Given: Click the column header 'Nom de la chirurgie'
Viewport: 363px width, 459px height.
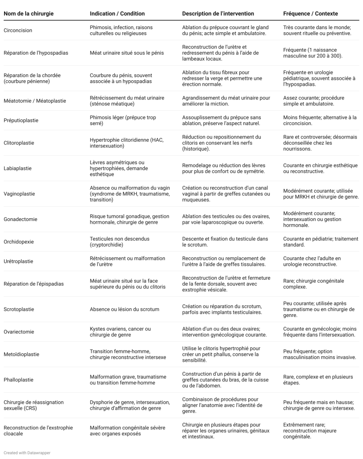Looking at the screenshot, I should pos(28,13).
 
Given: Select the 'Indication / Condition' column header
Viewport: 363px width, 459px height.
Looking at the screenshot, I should pos(117,13).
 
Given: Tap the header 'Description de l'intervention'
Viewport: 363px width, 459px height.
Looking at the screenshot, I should pos(218,13).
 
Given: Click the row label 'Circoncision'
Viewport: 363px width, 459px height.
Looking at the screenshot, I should pos(18,30).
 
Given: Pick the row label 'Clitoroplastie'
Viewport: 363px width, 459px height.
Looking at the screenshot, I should pos(19,143).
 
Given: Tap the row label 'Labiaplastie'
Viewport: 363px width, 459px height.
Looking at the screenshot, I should pos(18,169).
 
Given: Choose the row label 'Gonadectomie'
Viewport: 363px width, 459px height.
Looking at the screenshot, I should pos(21,219).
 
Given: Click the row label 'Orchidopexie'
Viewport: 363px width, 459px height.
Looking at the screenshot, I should pos(18,242).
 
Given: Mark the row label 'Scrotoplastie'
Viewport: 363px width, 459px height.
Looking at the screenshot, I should pos(19,309).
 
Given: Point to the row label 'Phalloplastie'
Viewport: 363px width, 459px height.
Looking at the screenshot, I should pos(19,380).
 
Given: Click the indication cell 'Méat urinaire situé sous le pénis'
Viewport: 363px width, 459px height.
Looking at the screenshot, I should pos(127,53).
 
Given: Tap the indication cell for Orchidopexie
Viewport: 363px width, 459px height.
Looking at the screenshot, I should pos(120,242).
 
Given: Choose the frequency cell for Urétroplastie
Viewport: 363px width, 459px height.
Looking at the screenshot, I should pos(312,261).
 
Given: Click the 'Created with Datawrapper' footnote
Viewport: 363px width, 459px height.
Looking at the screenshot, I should pos(27,453).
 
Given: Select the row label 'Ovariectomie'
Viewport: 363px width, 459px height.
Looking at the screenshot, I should pos(19,332).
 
